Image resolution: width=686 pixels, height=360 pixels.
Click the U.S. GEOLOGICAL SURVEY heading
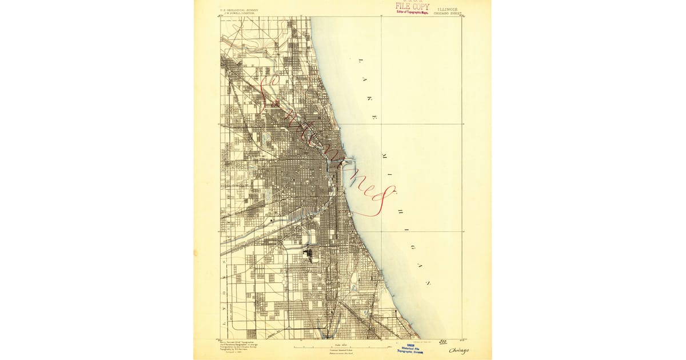(x=239, y=10)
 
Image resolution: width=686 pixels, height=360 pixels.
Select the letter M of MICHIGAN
(x=382, y=155)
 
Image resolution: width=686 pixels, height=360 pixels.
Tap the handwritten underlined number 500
(x=442, y=341)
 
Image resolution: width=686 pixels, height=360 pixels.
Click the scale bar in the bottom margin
(x=337, y=347)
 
